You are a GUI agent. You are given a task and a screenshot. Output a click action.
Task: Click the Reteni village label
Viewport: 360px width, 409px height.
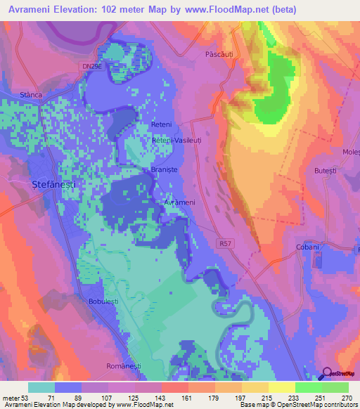point(162,124)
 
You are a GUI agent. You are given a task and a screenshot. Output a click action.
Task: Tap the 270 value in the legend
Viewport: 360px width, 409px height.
point(346,398)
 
